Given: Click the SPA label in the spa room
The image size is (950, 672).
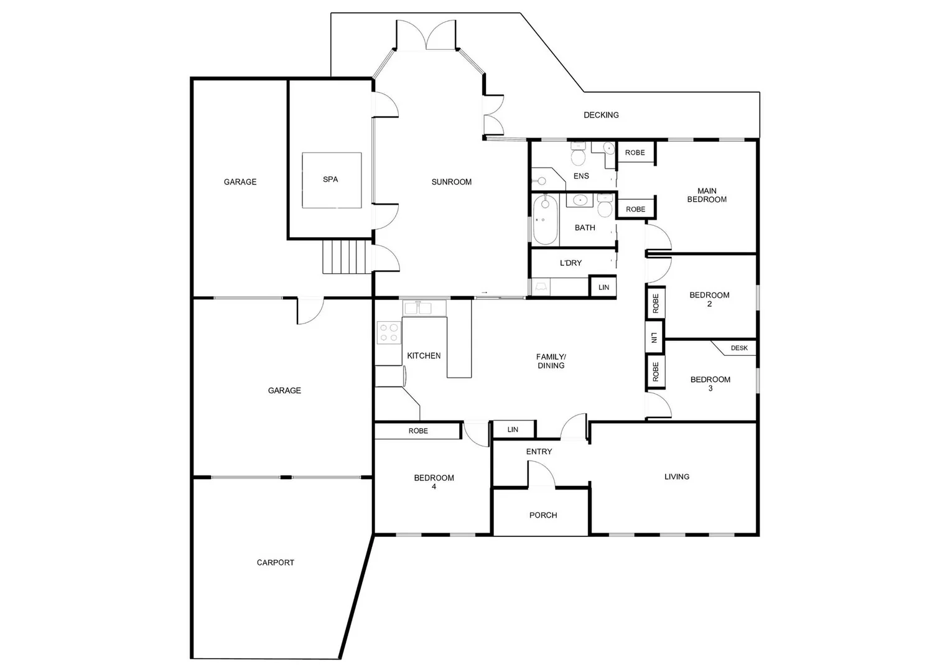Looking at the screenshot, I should (x=330, y=179).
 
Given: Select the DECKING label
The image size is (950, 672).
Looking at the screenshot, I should (x=601, y=115).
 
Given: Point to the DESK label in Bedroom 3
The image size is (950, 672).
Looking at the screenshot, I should (x=739, y=348).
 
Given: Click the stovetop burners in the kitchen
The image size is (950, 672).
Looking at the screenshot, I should (x=389, y=332).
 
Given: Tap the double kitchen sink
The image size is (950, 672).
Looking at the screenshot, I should (x=417, y=308).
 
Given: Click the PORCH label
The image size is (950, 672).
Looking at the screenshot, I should (x=543, y=515).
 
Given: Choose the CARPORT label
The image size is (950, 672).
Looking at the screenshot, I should (x=275, y=562).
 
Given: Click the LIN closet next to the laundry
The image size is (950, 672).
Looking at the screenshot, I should (x=603, y=287).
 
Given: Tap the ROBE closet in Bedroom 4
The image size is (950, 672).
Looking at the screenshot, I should (x=418, y=431).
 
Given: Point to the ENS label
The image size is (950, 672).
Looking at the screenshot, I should (x=581, y=176).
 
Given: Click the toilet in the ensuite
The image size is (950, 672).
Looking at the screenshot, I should (x=579, y=154).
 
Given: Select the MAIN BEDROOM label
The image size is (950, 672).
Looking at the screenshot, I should (x=707, y=195).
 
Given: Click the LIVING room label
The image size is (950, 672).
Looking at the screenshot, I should (x=676, y=477).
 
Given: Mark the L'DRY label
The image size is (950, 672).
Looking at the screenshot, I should (x=570, y=263).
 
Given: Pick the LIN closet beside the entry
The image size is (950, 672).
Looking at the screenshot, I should (x=513, y=430).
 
